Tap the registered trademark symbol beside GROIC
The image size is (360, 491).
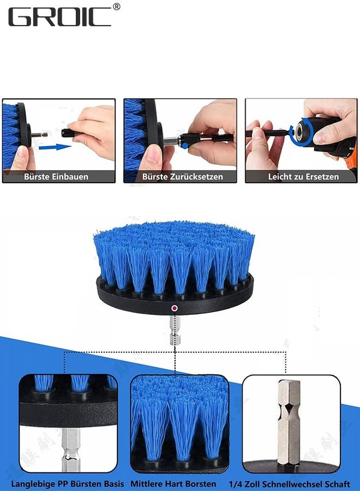click(x=116, y=7)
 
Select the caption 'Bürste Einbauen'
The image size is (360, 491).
click(x=56, y=177)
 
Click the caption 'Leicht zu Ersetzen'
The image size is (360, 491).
click(x=303, y=177)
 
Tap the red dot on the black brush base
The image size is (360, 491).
click(x=174, y=308)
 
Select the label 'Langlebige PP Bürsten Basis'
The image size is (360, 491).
click(x=67, y=484)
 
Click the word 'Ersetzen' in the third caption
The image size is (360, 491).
click(x=322, y=177)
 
